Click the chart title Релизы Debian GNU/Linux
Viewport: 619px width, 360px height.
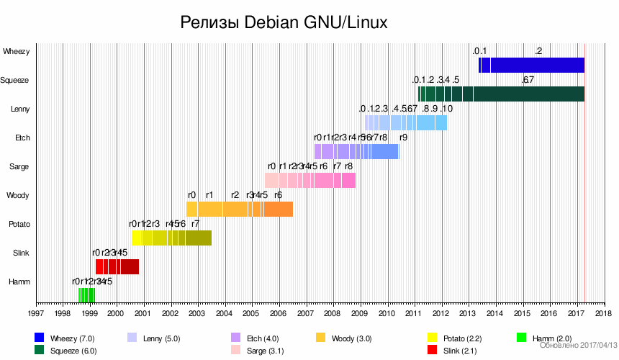284,23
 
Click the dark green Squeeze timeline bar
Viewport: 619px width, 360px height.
504,94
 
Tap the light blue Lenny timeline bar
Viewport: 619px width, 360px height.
407,122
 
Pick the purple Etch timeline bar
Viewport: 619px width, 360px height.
356,151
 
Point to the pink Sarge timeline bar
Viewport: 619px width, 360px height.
310,180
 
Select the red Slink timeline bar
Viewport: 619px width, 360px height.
117,266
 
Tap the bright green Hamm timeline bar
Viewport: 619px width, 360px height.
86,294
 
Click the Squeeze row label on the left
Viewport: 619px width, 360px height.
14,80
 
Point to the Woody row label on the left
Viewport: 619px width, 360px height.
18,195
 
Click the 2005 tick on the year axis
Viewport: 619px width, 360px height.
251,314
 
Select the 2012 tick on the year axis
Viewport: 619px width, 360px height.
440,314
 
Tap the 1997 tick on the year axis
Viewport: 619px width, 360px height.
36,314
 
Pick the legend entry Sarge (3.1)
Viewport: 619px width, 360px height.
265,351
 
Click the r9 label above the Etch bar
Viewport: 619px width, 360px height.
403,137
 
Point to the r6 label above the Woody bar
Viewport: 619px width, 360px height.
278,194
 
